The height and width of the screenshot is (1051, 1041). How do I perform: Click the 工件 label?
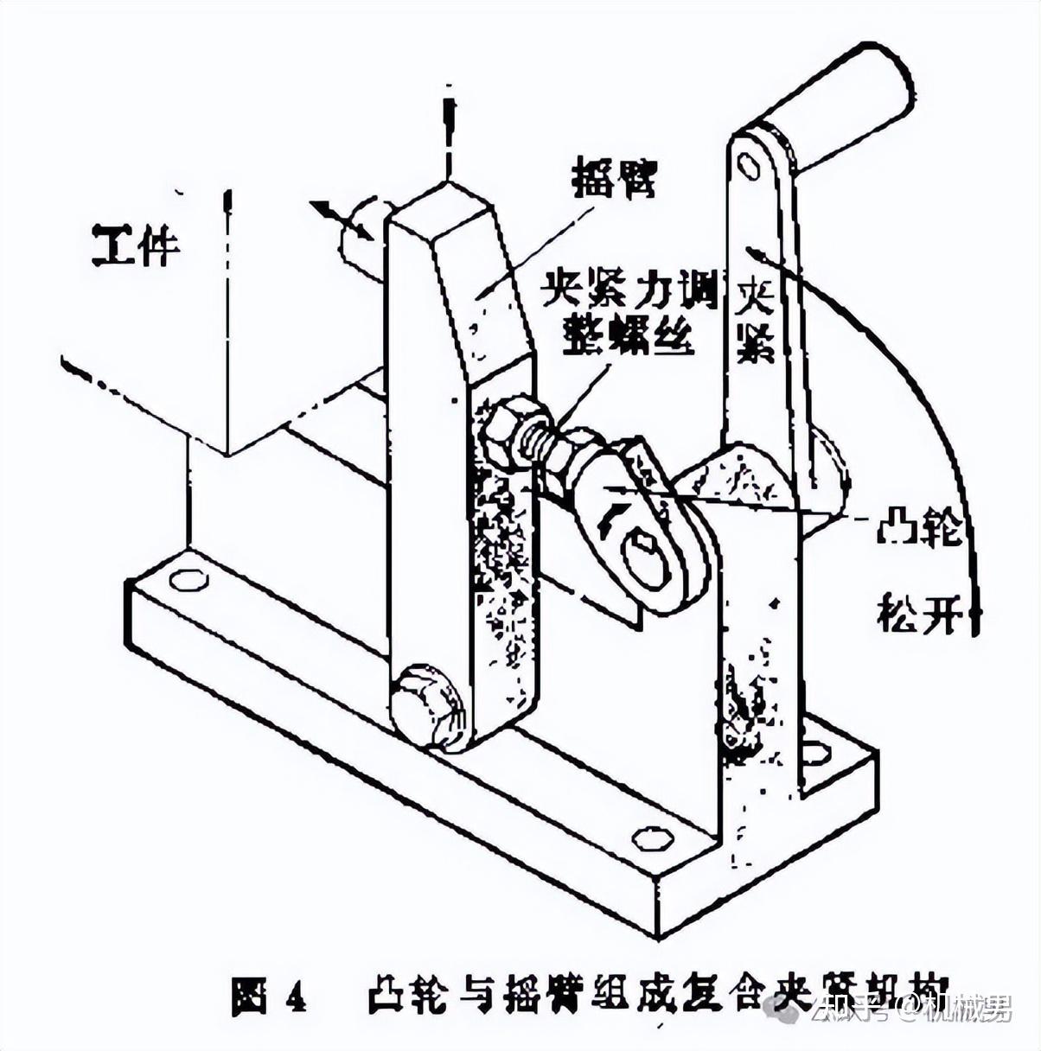coord(136,245)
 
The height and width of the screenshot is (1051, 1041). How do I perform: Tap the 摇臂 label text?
coord(615,179)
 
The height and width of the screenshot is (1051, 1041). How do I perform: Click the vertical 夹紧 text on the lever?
coord(756,320)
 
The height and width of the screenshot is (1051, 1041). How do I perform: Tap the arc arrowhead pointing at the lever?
coord(757,254)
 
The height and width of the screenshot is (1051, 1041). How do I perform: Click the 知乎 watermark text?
coord(851,1007)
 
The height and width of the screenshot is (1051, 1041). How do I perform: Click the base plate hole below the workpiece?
coord(188,579)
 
